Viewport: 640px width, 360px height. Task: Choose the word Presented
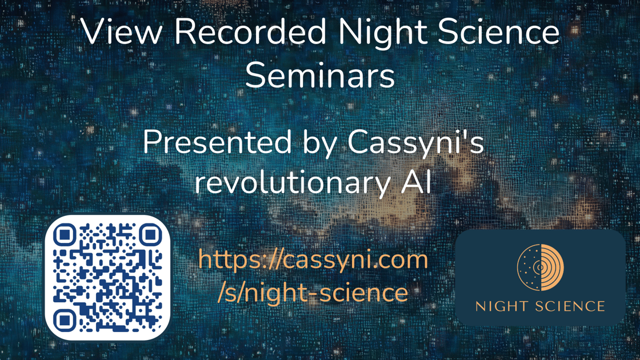218,142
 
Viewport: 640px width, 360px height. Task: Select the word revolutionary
292,183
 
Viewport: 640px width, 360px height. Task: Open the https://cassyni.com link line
313,260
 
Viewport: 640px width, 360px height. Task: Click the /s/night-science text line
313,293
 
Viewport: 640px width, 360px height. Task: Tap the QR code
108,278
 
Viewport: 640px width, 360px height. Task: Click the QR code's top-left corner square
65,235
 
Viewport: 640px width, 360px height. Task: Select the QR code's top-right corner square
151,235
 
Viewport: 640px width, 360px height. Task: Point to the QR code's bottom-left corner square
65,321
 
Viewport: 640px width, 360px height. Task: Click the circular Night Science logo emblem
541,268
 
